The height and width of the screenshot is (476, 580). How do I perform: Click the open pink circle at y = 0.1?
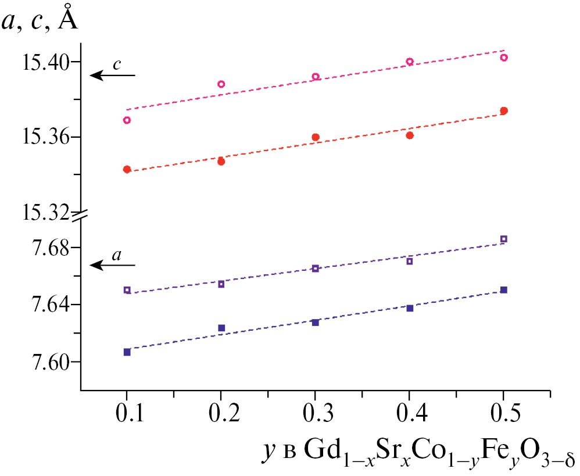pyautogui.click(x=127, y=120)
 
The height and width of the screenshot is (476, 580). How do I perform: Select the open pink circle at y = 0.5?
pyautogui.click(x=504, y=58)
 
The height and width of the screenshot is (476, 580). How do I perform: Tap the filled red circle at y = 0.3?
pyautogui.click(x=316, y=137)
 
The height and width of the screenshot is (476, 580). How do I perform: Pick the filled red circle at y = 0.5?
pyautogui.click(x=504, y=110)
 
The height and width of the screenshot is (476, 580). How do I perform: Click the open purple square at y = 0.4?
pyautogui.click(x=410, y=261)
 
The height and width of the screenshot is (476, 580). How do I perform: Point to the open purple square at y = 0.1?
pyautogui.click(x=127, y=290)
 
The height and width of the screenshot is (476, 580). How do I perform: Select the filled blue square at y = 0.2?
pyautogui.click(x=221, y=328)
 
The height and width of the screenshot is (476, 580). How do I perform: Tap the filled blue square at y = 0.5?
pyautogui.click(x=504, y=289)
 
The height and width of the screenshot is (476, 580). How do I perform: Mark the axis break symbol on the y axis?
pyautogui.click(x=80, y=216)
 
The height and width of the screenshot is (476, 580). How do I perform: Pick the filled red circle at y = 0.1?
pyautogui.click(x=127, y=169)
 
